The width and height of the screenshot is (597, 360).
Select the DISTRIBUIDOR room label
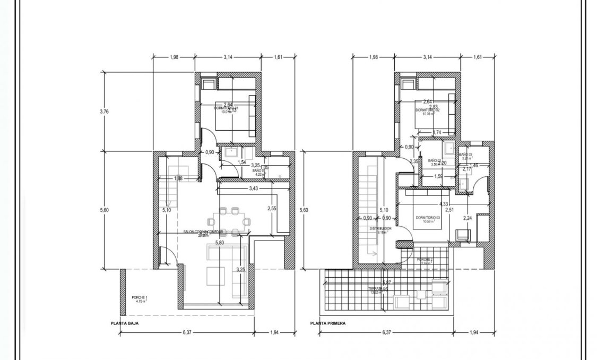[x=380, y=229]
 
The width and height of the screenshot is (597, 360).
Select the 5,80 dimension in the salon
[x=220, y=243]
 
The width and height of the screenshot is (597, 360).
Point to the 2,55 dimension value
[x=272, y=208]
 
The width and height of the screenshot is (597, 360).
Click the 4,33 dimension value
[x=444, y=204]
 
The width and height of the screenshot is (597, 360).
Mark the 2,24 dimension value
[x=468, y=218]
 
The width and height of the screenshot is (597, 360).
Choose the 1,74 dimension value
[x=437, y=132]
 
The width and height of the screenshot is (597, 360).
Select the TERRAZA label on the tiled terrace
[x=379, y=290]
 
